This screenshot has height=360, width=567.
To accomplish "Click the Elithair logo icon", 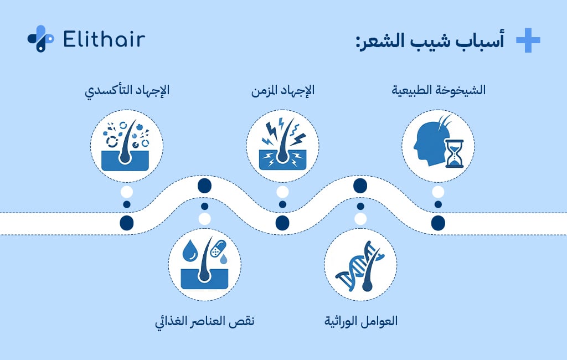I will pyautogui.click(x=40, y=39).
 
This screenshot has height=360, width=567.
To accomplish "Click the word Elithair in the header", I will pyautogui.click(x=104, y=39).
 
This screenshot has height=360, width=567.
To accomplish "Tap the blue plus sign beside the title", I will pyautogui.click(x=527, y=41).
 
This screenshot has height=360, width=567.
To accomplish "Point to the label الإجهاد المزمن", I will pyautogui.click(x=282, y=90).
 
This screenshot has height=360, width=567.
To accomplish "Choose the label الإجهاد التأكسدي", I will pyautogui.click(x=127, y=90).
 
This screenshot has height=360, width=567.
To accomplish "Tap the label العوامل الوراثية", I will pyautogui.click(x=360, y=321).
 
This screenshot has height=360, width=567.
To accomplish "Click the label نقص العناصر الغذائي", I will pyautogui.click(x=204, y=321).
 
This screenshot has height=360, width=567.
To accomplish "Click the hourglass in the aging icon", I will pyautogui.click(x=455, y=152).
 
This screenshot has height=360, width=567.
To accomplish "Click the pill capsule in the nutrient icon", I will pyautogui.click(x=219, y=246).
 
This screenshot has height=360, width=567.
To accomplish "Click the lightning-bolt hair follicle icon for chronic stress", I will pyautogui.click(x=282, y=146).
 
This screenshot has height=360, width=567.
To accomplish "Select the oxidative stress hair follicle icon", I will pyautogui.click(x=127, y=146).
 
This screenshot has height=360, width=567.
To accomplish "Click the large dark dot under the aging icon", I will pyautogui.click(x=438, y=223).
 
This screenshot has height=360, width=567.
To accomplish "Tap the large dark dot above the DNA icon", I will pyautogui.click(x=360, y=185).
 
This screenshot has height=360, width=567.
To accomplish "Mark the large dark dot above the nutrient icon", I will pyautogui.click(x=204, y=185).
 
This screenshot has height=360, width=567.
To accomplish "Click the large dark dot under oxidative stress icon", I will pyautogui.click(x=127, y=223).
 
